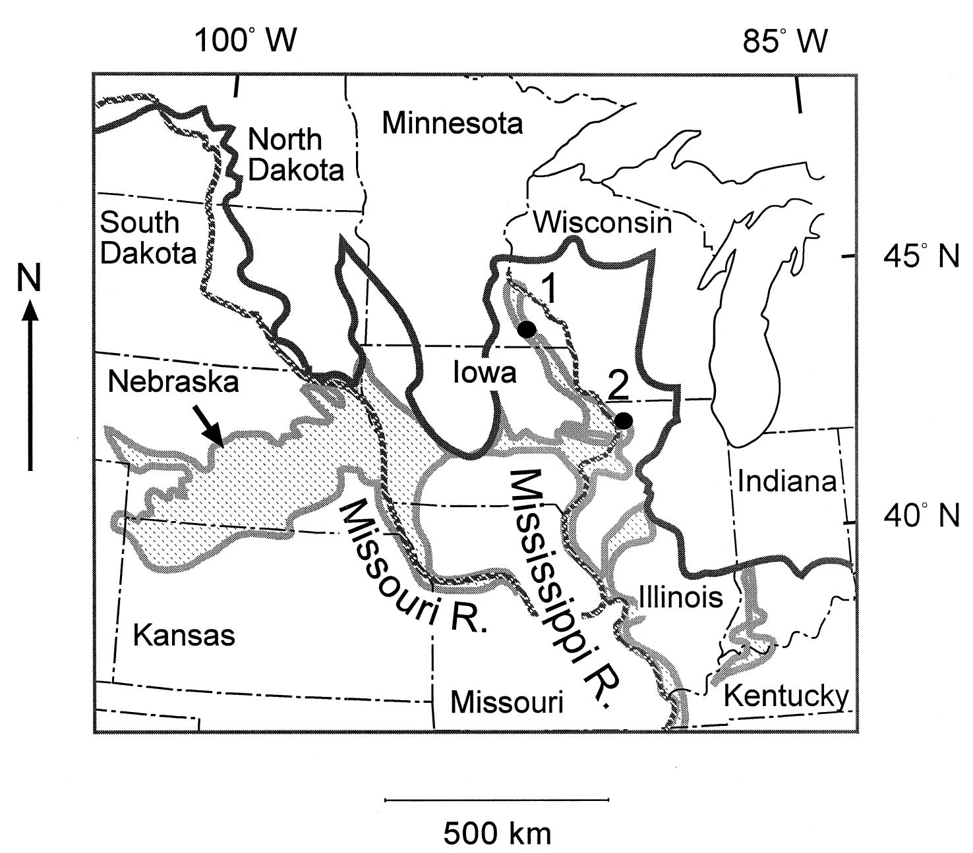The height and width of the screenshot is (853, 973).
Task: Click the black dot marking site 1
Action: (x=527, y=329)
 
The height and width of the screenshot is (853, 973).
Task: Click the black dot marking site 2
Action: (x=624, y=420)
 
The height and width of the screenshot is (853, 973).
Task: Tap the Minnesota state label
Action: (x=452, y=123)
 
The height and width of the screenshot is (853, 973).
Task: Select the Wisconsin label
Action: (x=602, y=223)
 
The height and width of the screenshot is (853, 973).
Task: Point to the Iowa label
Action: (x=484, y=373)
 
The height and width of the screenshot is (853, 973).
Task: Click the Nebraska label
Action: (x=174, y=381)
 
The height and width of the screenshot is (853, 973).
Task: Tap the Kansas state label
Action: (x=184, y=636)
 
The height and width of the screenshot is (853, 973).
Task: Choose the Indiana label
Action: (x=786, y=482)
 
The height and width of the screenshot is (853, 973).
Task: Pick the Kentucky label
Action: (x=786, y=696)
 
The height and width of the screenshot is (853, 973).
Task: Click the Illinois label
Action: (x=680, y=597)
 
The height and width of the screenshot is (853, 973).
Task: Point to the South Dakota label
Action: (x=148, y=238)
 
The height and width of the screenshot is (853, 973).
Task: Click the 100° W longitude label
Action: (x=246, y=41)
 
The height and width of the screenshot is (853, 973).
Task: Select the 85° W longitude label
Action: (x=784, y=41)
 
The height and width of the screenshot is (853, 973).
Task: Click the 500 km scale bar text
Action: (x=496, y=833)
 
